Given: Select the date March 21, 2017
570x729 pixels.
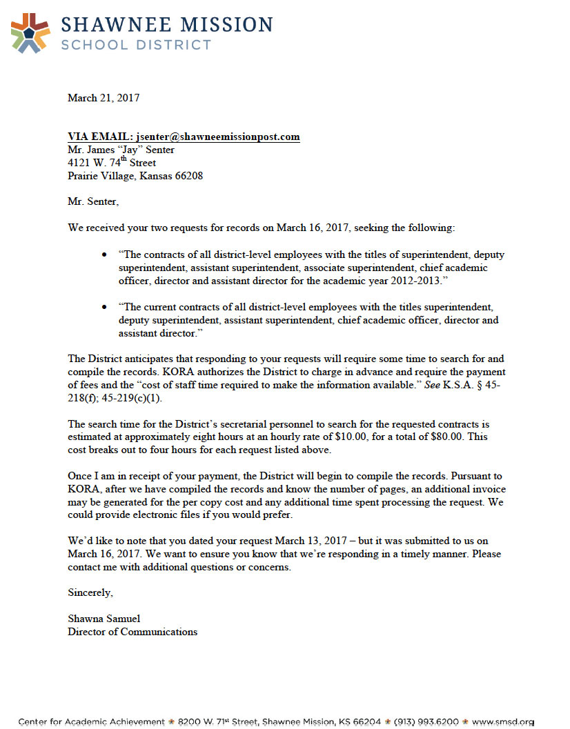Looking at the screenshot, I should click(x=104, y=98).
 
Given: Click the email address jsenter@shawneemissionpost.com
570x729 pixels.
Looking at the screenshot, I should click(x=218, y=137).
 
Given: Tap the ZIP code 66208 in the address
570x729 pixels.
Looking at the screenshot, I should click(x=189, y=176).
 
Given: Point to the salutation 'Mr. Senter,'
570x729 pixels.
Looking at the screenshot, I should click(x=93, y=201).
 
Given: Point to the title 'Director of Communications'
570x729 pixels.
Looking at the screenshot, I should click(x=132, y=632).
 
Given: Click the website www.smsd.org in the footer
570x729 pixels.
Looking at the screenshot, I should click(x=504, y=722).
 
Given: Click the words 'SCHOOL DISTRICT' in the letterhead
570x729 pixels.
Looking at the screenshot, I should click(x=136, y=45).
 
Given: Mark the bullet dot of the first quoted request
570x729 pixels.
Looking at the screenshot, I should click(x=104, y=255).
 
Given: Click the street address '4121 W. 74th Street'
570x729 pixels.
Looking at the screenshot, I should click(x=112, y=163).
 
